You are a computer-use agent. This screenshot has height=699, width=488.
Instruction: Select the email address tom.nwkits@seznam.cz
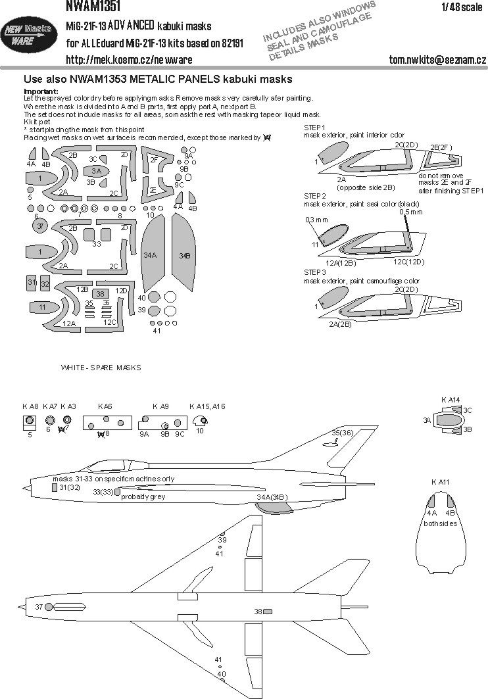click(437, 60)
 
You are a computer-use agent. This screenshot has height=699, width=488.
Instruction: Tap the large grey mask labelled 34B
click(184, 255)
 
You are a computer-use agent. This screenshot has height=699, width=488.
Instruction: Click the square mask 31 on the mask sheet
click(31, 283)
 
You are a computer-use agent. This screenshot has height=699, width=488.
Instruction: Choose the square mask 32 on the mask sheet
click(45, 283)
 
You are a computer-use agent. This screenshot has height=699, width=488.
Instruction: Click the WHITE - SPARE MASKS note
click(101, 367)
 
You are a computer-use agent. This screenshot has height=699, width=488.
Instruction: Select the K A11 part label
click(440, 483)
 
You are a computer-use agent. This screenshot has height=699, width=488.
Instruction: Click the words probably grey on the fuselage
click(143, 497)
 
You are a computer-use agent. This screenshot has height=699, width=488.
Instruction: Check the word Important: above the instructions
click(41, 91)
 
